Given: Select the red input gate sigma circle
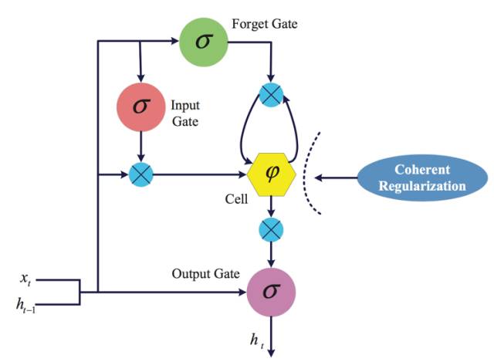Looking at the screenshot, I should click(x=140, y=107).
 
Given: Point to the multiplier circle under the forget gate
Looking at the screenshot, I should click(x=271, y=95).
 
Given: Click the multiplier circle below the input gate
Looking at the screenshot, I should click(x=140, y=175).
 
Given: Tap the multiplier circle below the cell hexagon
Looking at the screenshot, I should click(x=271, y=229).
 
